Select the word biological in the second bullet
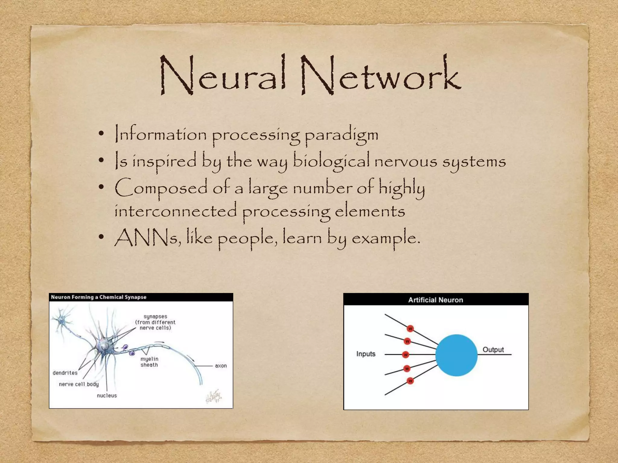331,161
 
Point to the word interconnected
176,211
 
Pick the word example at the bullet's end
385,238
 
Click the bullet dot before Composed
101,188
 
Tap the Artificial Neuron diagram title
435,300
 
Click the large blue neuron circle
456,355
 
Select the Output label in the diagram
493,350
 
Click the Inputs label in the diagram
366,354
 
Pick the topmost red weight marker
410,329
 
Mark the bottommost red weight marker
410,381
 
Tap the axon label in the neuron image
221,366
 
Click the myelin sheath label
149,362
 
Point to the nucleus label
107,395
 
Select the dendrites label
65,373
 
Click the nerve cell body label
79,384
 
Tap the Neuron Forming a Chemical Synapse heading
99,297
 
